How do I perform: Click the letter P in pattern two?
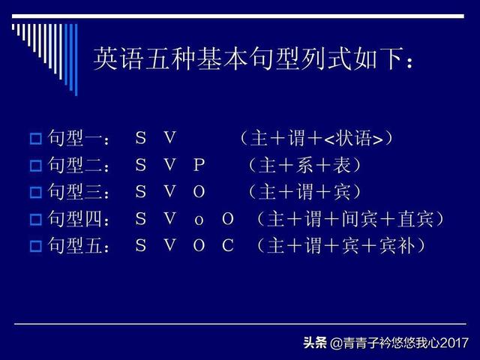pyautogui.click(x=199, y=165)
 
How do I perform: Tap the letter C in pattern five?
pyautogui.click(x=228, y=245)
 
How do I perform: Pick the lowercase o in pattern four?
pyautogui.click(x=199, y=220)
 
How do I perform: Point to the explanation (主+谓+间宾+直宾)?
pyautogui.click(x=349, y=219)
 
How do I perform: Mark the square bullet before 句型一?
pyautogui.click(x=34, y=139)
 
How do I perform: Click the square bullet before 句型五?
pyautogui.click(x=34, y=246)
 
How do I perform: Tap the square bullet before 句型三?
pyautogui.click(x=34, y=193)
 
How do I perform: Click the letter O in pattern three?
pyautogui.click(x=199, y=192)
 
